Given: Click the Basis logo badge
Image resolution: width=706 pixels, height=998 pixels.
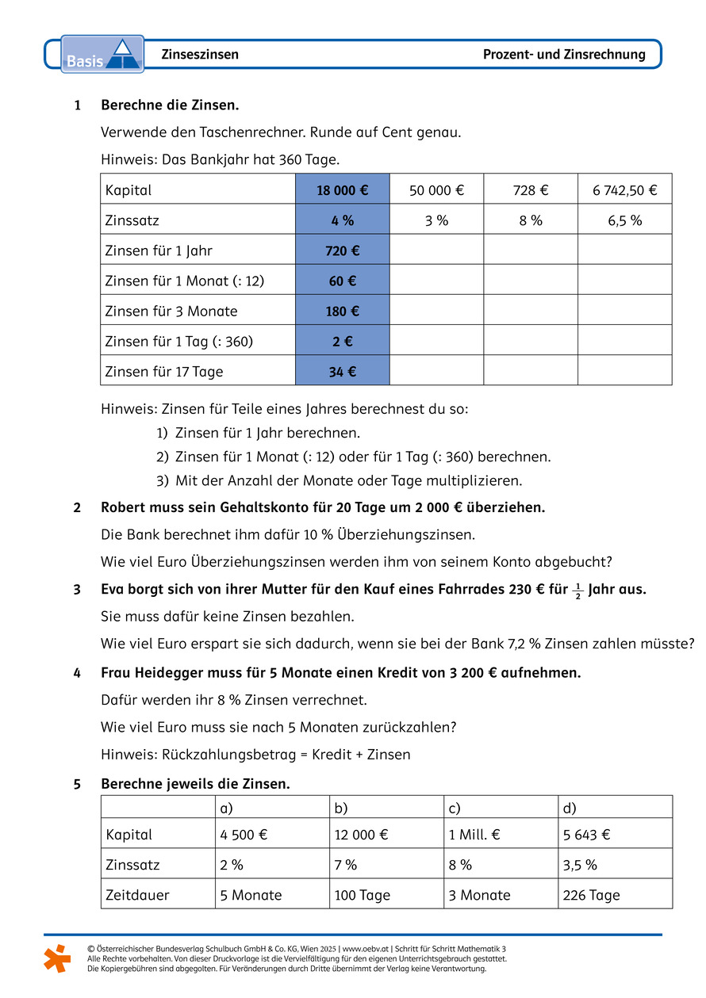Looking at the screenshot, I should (x=102, y=54).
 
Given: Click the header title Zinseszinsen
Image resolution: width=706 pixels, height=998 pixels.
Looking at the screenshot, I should (x=200, y=55).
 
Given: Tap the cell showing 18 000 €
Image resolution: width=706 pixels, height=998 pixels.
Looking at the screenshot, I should (x=342, y=190).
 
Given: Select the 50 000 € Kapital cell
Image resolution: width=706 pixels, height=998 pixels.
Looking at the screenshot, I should (x=436, y=190).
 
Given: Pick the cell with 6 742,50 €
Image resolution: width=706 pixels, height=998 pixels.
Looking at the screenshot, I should (x=624, y=190).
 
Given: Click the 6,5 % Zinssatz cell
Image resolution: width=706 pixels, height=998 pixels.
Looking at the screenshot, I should (x=624, y=220).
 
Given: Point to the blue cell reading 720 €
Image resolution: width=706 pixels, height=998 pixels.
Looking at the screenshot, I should (x=342, y=250).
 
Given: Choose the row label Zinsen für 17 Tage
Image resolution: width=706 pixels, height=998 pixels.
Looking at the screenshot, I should (x=164, y=371).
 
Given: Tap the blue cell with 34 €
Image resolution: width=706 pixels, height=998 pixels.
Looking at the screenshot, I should (x=342, y=371).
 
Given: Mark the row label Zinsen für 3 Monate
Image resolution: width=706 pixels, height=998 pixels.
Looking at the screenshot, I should (x=171, y=311).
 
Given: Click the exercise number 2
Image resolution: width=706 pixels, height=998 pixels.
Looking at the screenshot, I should (x=77, y=507).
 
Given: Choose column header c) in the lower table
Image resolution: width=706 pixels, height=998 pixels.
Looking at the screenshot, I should (x=455, y=808).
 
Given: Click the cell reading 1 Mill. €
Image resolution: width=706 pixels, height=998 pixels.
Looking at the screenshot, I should (x=475, y=835).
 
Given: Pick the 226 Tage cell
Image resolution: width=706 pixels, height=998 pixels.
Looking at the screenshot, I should (x=591, y=895).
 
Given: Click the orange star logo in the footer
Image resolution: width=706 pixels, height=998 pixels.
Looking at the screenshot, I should (x=56, y=958).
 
